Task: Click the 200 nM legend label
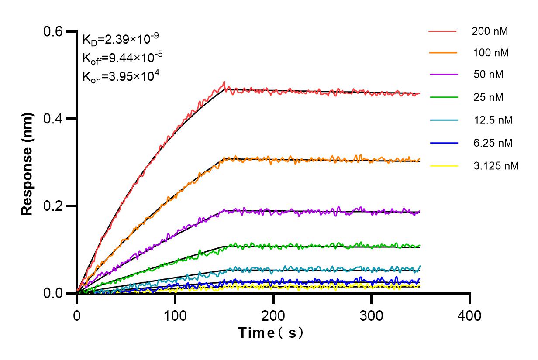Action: pos(490,31)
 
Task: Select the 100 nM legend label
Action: pos(490,53)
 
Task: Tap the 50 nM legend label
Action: pos(488,75)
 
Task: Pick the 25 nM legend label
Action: pos(488,97)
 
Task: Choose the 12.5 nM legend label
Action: pos(493,120)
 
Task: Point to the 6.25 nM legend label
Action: pos(493,143)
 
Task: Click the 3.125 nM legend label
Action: pos(495,166)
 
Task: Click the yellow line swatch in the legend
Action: pos(443,166)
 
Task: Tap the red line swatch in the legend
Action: pos(443,31)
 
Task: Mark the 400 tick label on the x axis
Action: pos(470,315)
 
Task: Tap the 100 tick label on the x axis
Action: pos(175,315)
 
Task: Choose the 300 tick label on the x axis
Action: pos(372,315)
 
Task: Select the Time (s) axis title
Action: pos(271,333)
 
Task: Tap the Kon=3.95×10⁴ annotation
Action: pos(115,77)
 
